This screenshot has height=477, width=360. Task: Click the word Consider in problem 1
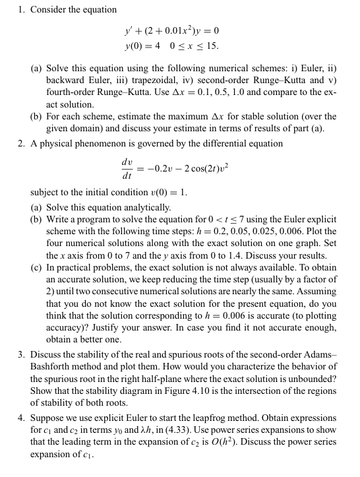[x=49, y=9]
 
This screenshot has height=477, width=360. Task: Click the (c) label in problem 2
[x=38, y=267]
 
